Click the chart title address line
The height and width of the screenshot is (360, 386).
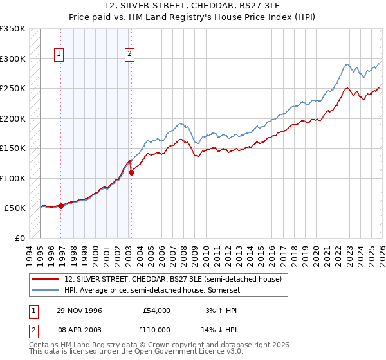tap(193, 6)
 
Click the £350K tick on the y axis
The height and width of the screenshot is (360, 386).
tap(13, 29)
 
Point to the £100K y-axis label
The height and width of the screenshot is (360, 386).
tap(13, 178)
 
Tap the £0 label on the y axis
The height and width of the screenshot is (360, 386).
tap(19, 238)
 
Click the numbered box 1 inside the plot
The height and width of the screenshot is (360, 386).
tap(59, 54)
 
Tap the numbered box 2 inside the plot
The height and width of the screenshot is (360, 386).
tap(129, 54)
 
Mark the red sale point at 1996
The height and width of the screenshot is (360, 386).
tap(61, 206)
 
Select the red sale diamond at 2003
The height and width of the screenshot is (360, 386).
tap(131, 172)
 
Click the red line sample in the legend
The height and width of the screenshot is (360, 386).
tap(46, 279)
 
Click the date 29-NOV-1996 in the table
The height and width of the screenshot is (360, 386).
tap(79, 310)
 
